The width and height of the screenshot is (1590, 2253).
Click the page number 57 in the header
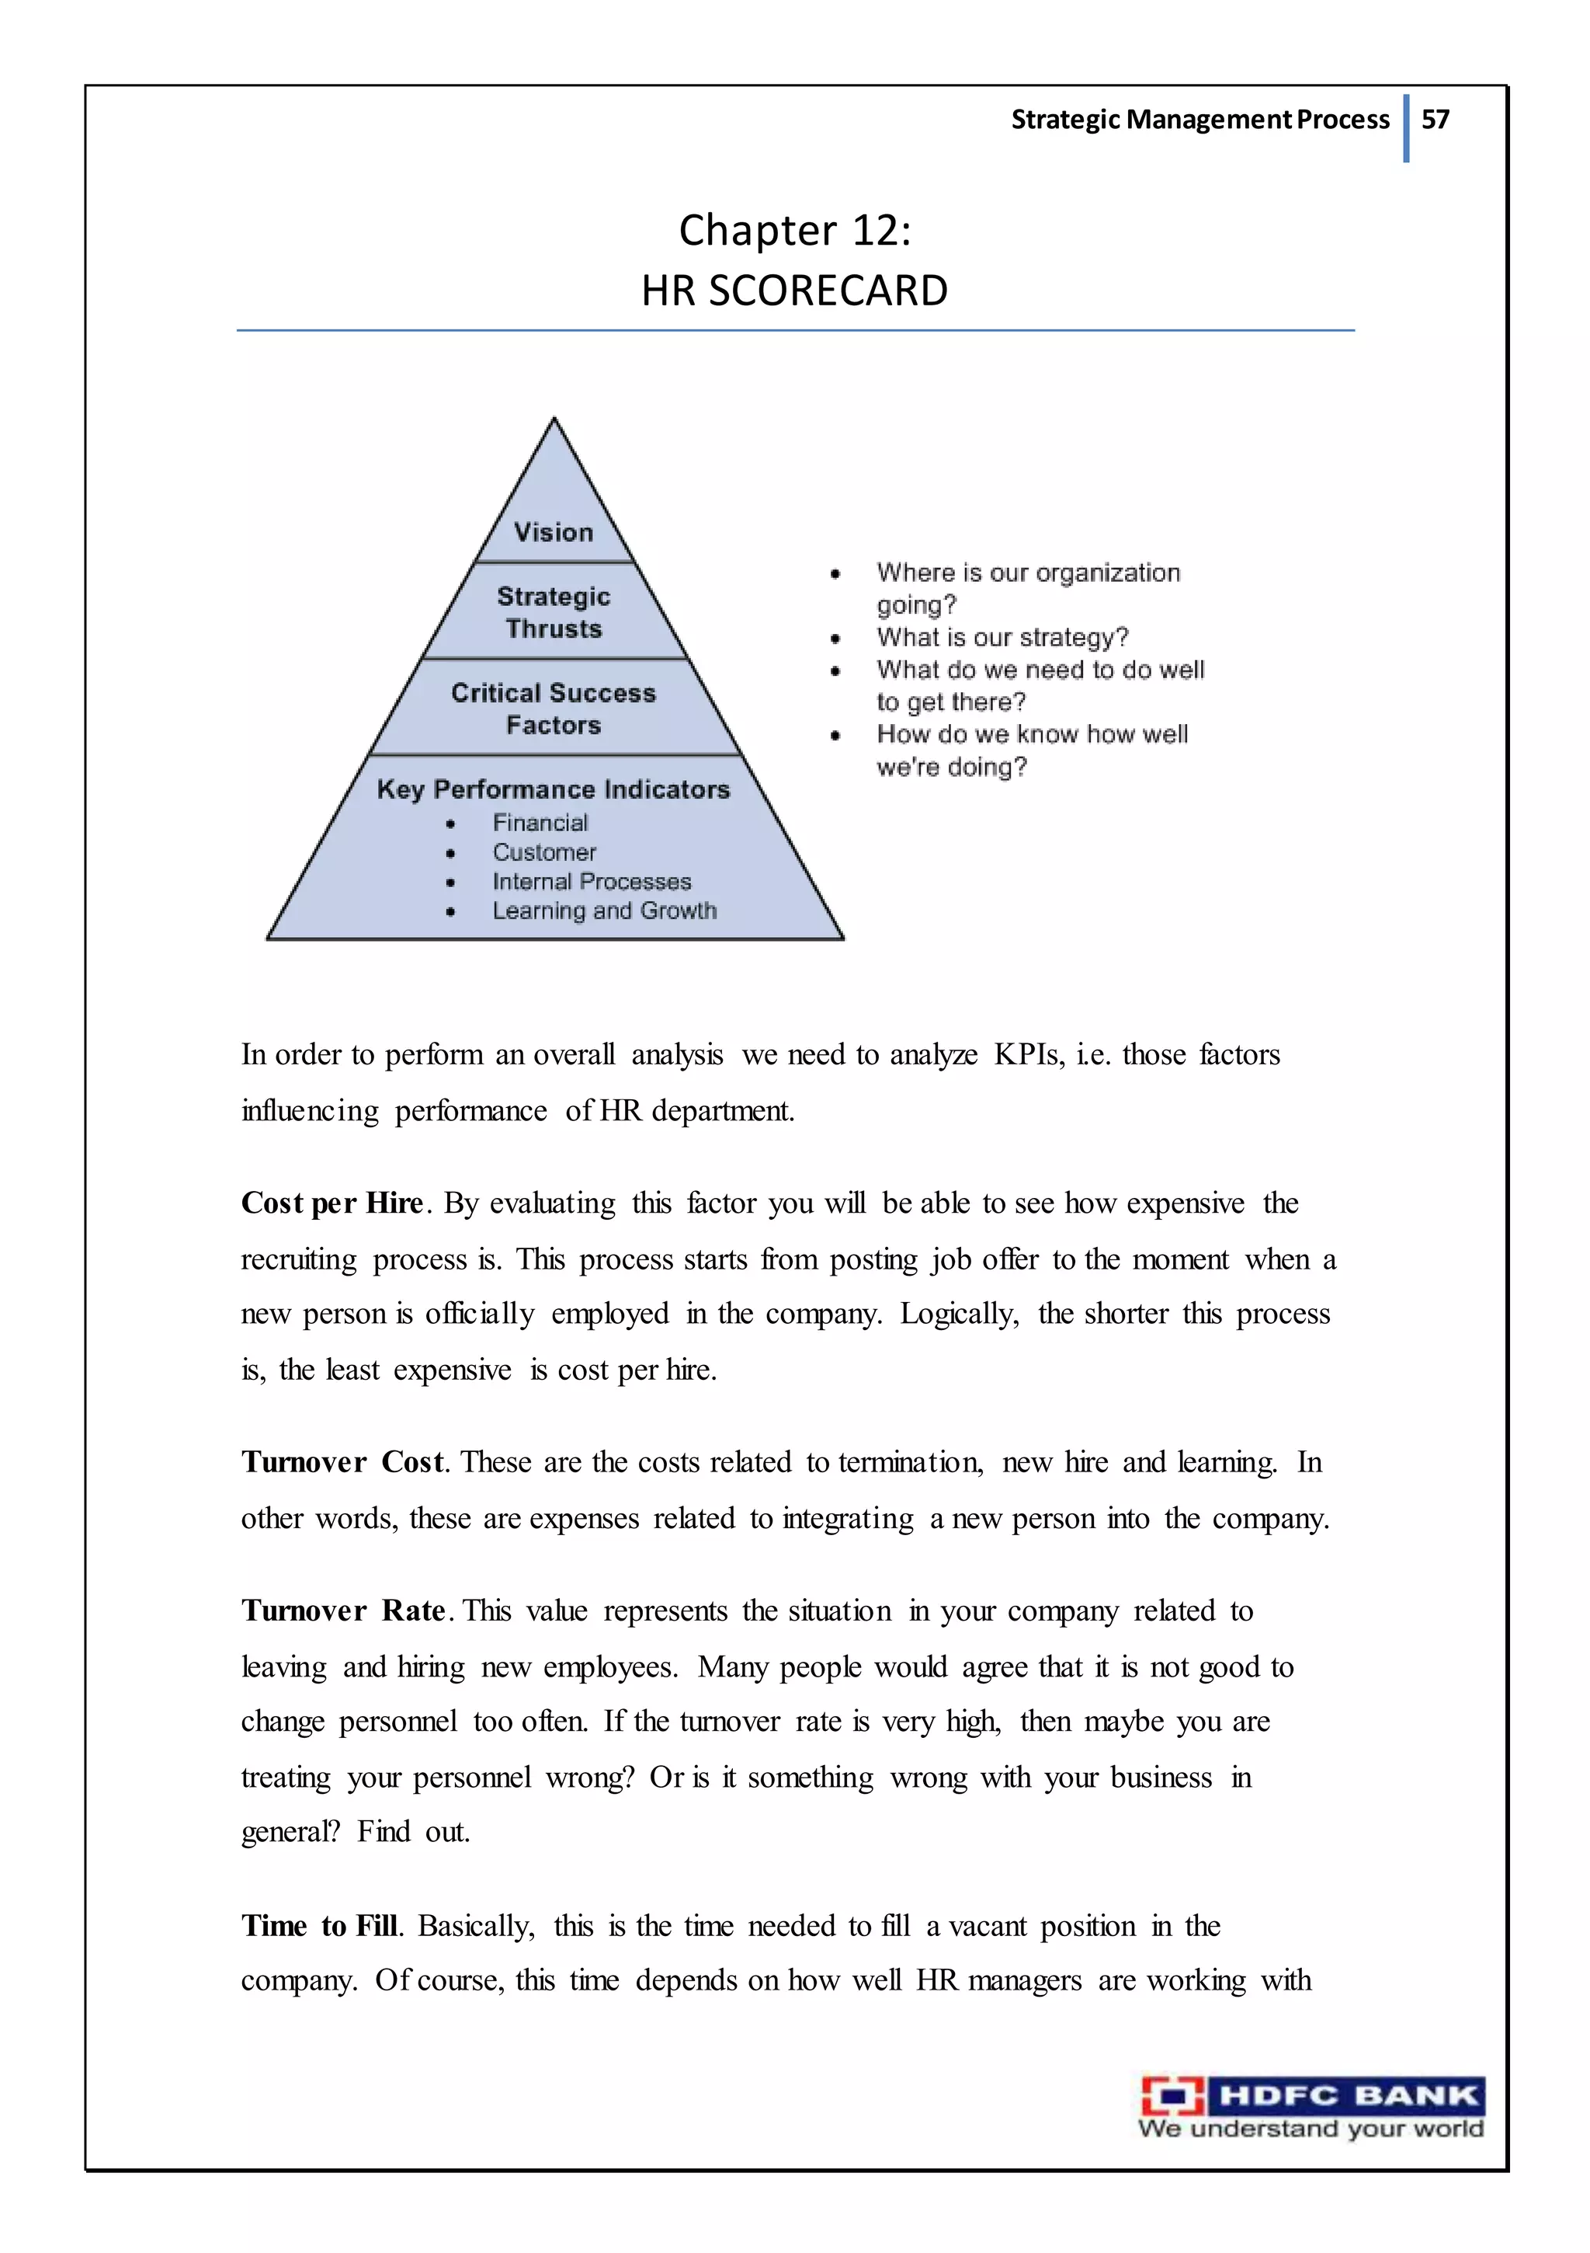click(x=1434, y=120)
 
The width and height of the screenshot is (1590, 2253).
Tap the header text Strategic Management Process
click(x=1199, y=120)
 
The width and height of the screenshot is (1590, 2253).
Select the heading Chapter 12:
click(x=794, y=232)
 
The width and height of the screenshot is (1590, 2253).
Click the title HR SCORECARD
click(x=794, y=291)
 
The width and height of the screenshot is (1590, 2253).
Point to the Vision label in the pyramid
click(x=554, y=533)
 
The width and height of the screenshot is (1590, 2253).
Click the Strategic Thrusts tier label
click(x=554, y=612)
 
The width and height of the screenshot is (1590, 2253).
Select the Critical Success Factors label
click(x=554, y=709)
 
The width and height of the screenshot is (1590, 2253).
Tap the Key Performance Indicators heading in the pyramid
click(x=554, y=790)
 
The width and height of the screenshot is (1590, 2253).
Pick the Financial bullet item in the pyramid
click(x=540, y=824)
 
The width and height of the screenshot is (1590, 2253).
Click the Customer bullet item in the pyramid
click(x=543, y=853)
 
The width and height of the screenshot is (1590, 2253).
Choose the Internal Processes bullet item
click(x=592, y=882)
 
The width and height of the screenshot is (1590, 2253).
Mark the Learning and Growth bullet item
click(x=604, y=911)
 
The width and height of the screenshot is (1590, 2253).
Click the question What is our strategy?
click(x=1002, y=638)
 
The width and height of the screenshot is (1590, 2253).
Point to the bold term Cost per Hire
click(x=332, y=1203)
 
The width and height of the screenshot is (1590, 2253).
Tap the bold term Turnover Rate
click(x=343, y=1611)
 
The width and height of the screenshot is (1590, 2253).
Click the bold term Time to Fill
click(x=320, y=1926)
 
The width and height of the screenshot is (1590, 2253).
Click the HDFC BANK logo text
click(x=1347, y=2096)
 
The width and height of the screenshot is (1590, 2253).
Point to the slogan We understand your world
click(x=1310, y=2129)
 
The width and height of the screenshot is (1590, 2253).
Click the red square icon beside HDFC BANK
click(x=1172, y=2097)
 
